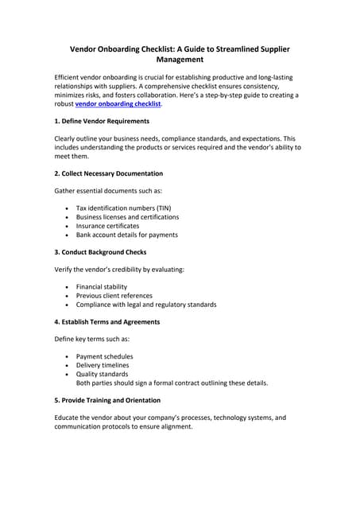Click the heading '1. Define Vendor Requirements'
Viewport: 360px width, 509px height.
click(101, 121)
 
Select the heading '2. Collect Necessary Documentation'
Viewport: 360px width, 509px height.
click(108, 173)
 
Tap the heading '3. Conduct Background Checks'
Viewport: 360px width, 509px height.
click(100, 252)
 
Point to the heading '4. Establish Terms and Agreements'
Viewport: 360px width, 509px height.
click(106, 322)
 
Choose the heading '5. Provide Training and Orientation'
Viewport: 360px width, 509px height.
click(107, 400)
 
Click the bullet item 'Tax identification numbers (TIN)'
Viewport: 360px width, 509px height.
click(123, 208)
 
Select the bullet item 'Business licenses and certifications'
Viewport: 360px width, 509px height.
click(127, 217)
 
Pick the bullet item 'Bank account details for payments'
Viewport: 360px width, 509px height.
click(126, 235)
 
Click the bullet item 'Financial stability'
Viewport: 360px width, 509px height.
click(102, 287)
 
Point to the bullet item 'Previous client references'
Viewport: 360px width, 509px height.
click(115, 296)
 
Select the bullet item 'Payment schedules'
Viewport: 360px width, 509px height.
click(104, 357)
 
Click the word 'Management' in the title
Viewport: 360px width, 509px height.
click(180, 60)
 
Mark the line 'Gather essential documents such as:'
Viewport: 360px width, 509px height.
click(109, 191)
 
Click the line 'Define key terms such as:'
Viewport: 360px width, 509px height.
click(92, 340)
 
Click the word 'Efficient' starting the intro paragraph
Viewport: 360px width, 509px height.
click(68, 77)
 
